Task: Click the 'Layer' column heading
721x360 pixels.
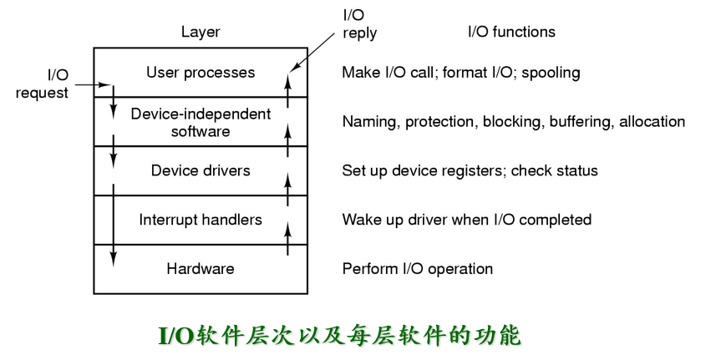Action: pyautogui.click(x=201, y=33)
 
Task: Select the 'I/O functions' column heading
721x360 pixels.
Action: pyautogui.click(x=511, y=33)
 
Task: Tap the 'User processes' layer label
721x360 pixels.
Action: pyautogui.click(x=201, y=73)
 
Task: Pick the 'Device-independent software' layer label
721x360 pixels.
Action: pyautogui.click(x=201, y=122)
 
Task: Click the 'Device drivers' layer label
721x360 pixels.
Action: pyautogui.click(x=201, y=170)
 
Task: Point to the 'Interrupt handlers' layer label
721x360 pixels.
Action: pyautogui.click(x=201, y=220)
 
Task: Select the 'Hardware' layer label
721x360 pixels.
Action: pyautogui.click(x=201, y=269)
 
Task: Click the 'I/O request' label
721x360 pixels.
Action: pyautogui.click(x=42, y=84)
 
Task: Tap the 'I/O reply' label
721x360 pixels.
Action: pyautogui.click(x=359, y=24)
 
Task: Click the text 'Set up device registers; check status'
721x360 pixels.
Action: pyautogui.click(x=470, y=170)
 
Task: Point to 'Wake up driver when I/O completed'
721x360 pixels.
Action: pyautogui.click(x=466, y=220)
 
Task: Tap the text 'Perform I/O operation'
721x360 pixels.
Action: pyautogui.click(x=417, y=269)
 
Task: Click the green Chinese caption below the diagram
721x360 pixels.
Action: pyautogui.click(x=339, y=335)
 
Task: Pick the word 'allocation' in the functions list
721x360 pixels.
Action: pyautogui.click(x=652, y=122)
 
